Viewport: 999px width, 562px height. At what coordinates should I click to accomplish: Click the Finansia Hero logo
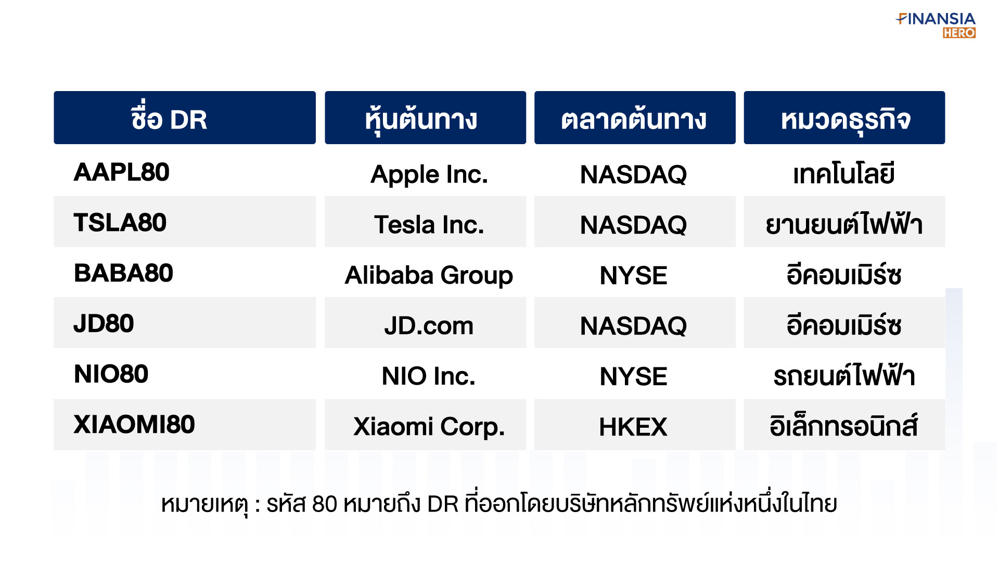(x=936, y=25)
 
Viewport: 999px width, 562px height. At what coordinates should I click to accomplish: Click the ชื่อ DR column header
(x=185, y=118)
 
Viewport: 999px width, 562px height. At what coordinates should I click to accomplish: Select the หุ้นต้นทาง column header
(x=425, y=118)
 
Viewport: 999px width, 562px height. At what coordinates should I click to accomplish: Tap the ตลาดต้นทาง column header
(x=635, y=118)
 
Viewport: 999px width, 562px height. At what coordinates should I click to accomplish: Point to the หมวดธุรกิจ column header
(x=844, y=118)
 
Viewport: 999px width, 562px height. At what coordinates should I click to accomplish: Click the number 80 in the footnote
(x=325, y=504)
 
